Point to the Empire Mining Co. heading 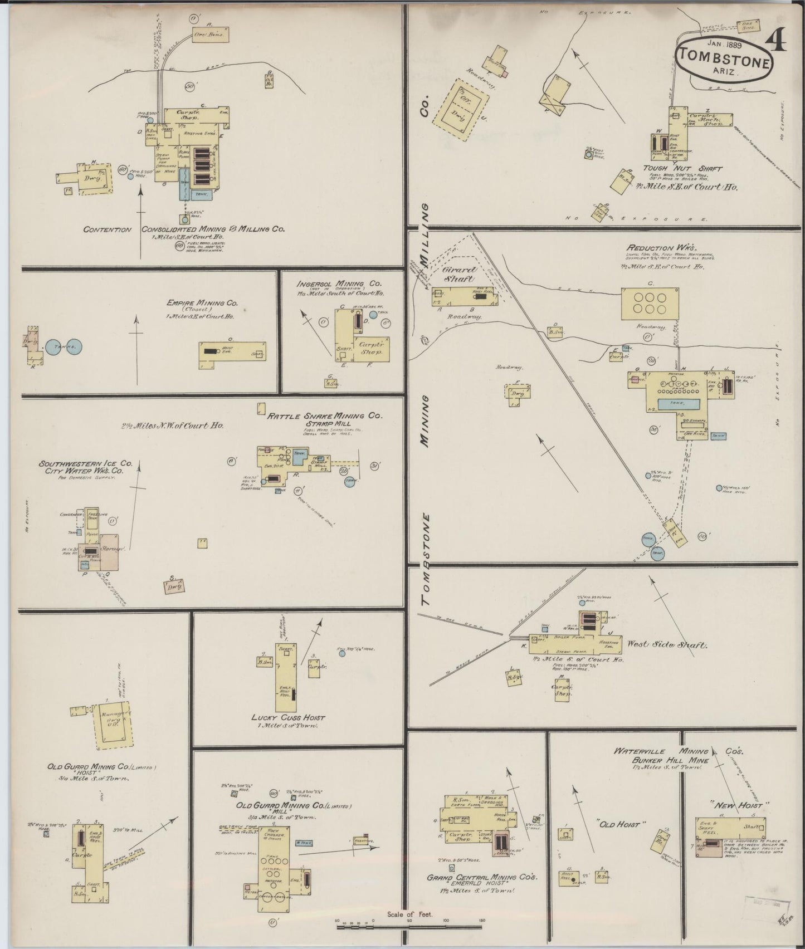pyautogui.click(x=202, y=304)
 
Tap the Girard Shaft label pyautogui.click(x=459, y=275)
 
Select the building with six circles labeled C pyautogui.click(x=650, y=303)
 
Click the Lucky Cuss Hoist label pyautogui.click(x=287, y=717)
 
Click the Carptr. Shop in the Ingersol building pyautogui.click(x=369, y=348)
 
